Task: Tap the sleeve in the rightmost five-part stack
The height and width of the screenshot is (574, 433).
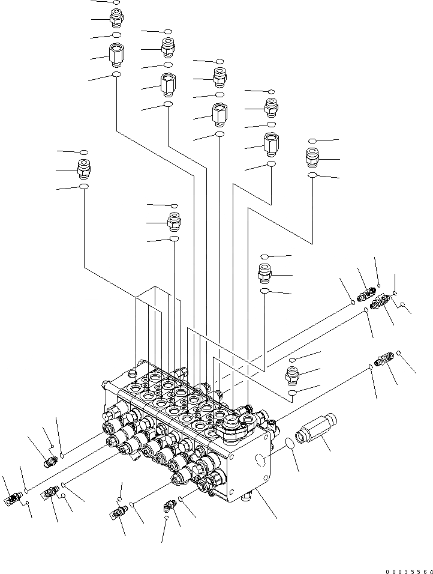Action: [x=270, y=144]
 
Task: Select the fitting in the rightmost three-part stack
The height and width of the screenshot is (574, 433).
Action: [x=312, y=158]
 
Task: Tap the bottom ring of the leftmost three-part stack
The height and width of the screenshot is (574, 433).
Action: [x=84, y=187]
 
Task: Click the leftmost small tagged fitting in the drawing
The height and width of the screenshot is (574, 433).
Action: [x=11, y=498]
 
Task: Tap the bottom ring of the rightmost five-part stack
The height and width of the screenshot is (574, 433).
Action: [x=271, y=163]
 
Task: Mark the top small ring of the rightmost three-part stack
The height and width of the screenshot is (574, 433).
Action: [x=312, y=141]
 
